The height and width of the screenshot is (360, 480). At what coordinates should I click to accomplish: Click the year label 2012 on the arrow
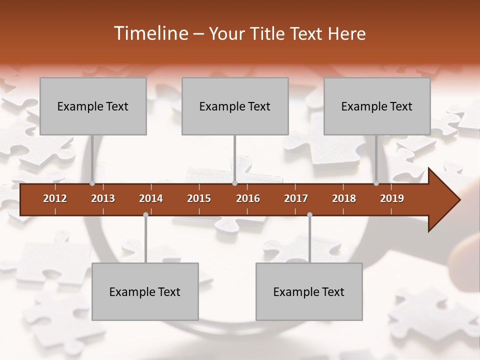click(x=55, y=198)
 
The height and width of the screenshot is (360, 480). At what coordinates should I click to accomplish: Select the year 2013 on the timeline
click(x=103, y=198)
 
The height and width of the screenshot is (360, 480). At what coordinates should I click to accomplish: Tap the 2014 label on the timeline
click(x=151, y=198)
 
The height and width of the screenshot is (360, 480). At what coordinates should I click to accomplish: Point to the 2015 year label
click(x=199, y=198)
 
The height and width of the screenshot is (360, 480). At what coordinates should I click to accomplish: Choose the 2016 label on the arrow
click(x=248, y=198)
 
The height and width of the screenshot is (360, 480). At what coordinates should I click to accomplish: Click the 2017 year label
click(x=296, y=198)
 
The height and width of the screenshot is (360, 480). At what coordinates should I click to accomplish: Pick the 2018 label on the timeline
click(x=344, y=198)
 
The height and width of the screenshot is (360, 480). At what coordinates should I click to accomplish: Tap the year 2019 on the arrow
click(x=392, y=198)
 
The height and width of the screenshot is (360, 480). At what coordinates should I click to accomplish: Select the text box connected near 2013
click(x=93, y=106)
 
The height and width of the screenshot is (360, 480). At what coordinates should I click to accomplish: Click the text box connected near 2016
click(x=235, y=106)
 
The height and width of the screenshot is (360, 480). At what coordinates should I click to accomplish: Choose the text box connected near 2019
click(x=377, y=106)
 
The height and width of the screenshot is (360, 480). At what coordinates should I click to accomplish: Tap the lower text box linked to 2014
click(x=145, y=291)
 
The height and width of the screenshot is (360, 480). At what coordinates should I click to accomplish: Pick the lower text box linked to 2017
click(x=309, y=291)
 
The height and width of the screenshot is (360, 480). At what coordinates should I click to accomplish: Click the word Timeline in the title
click(x=150, y=33)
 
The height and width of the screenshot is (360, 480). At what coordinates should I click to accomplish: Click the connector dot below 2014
click(x=145, y=214)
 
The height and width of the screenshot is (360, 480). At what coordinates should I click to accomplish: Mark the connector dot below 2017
click(x=309, y=214)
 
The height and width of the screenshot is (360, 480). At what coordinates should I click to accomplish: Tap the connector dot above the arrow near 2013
click(x=92, y=183)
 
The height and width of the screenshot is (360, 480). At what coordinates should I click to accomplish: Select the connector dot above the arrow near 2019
click(x=376, y=183)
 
